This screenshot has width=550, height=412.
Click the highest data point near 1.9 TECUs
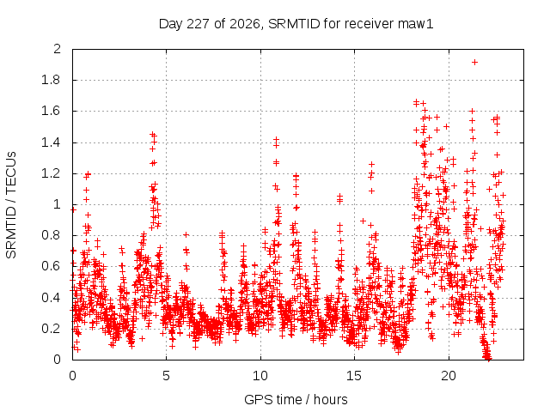click(474, 63)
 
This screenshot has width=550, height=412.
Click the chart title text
click(296, 24)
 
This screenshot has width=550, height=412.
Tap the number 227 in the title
click(199, 24)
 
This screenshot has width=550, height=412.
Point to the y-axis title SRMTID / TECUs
click(11, 205)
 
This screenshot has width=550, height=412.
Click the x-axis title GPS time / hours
click(296, 400)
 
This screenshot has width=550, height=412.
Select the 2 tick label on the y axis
click(58, 49)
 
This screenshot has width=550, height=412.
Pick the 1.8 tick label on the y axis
click(52, 80)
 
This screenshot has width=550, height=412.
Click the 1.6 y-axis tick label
click(52, 111)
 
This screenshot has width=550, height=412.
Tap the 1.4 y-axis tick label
click(52, 142)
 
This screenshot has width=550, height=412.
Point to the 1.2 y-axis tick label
click(52, 173)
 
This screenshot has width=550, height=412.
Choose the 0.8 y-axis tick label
click(52, 235)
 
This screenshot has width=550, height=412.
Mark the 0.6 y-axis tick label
click(52, 267)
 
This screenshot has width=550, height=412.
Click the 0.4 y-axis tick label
click(52, 298)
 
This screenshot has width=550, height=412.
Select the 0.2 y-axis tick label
click(52, 329)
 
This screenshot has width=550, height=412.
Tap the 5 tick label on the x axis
click(166, 376)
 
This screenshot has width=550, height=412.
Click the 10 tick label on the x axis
click(260, 376)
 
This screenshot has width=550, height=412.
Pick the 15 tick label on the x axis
click(354, 376)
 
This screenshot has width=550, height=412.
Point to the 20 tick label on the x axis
click(449, 376)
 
